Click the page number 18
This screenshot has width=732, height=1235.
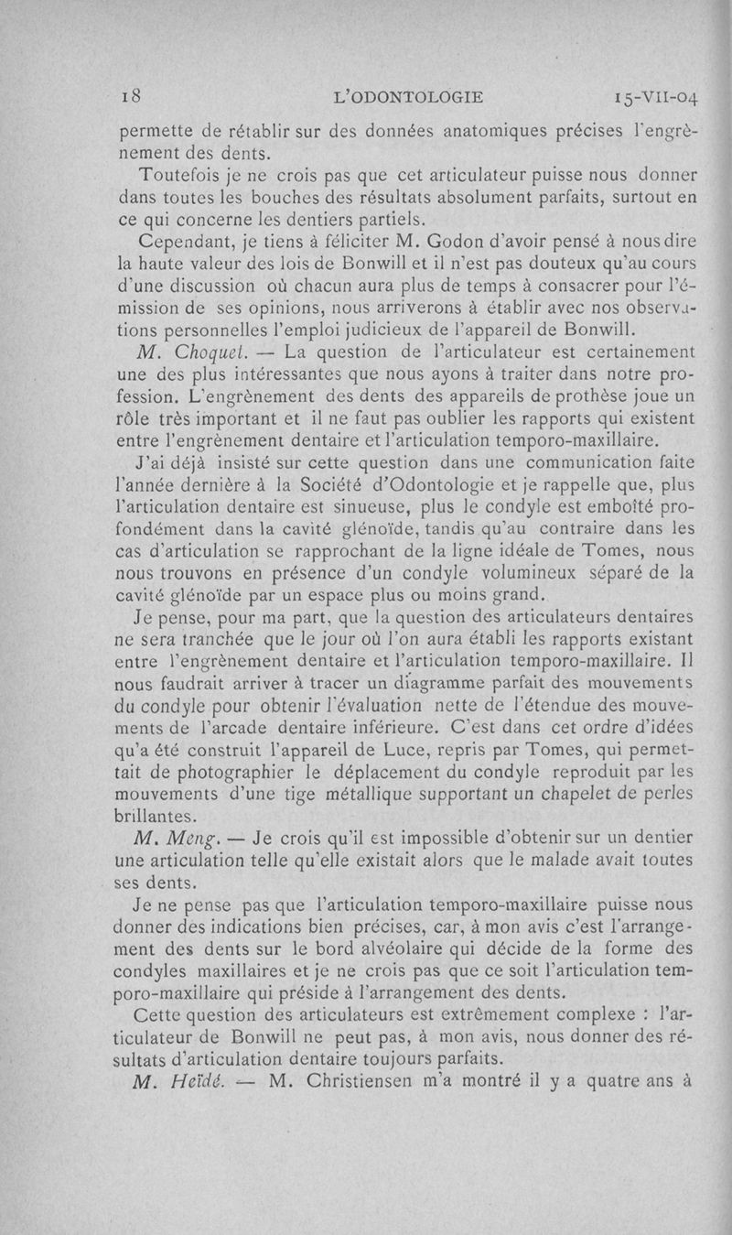134,94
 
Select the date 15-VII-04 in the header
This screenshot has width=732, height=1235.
645,95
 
